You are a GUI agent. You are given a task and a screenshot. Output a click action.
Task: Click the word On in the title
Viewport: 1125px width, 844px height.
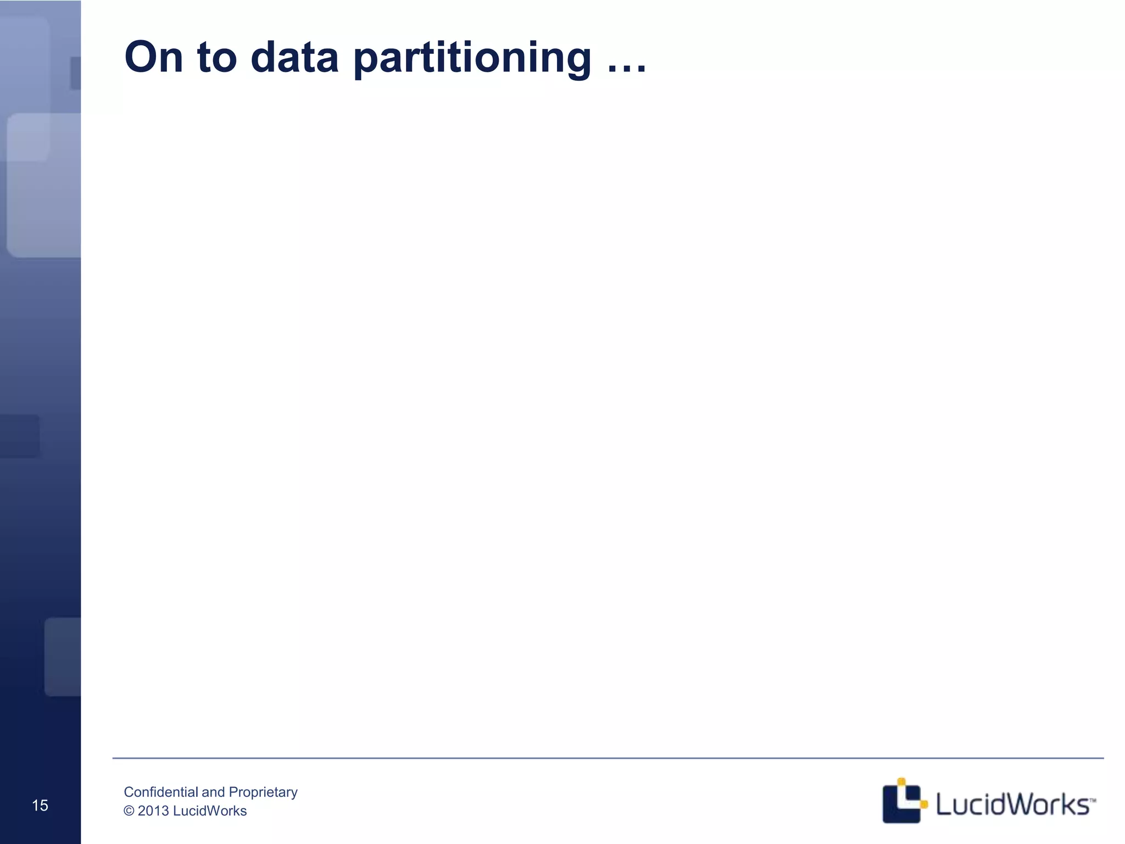coord(153,57)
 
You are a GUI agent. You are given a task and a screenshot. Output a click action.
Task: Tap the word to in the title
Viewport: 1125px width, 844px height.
coord(216,57)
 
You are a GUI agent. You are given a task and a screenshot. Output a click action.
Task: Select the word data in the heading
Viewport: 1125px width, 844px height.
coord(294,57)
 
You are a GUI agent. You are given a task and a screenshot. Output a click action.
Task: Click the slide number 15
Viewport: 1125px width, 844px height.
coord(40,806)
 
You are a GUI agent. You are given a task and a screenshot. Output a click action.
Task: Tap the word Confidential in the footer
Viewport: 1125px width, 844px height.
coord(160,792)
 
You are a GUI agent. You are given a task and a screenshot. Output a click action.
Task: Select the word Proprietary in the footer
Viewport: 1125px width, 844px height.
coord(263,792)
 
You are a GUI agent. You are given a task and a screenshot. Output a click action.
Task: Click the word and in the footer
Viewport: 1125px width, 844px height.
coord(213,792)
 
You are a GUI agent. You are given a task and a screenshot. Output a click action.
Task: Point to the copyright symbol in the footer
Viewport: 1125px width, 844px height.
coord(129,811)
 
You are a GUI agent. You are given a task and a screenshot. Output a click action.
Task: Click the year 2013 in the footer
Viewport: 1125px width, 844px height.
coord(153,811)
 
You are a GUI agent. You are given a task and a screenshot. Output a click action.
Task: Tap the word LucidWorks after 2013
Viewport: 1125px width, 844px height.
coord(209,811)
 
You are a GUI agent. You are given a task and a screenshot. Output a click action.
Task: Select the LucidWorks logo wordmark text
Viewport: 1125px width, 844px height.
coord(1012,805)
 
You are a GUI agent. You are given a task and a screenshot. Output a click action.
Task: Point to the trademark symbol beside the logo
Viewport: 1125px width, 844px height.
coord(1093,800)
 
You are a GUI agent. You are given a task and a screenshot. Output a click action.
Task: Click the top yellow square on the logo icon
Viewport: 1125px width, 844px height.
coord(901,782)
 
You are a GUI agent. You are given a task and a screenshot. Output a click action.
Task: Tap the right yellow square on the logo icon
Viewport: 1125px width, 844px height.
coord(924,805)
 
